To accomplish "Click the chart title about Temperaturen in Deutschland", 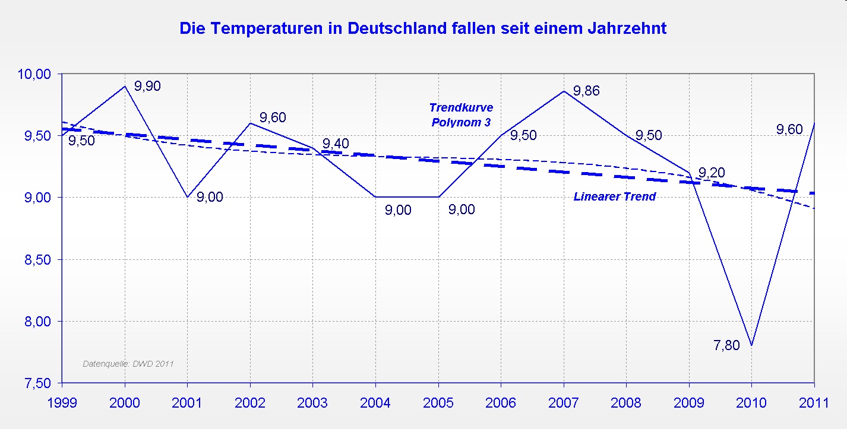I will (423, 28).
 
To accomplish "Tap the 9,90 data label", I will (148, 86).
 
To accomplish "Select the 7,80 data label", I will (726, 345).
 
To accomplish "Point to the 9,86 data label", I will (586, 91).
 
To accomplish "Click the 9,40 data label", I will (336, 144).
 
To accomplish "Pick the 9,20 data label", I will (711, 173).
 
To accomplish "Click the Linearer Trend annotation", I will (614, 196).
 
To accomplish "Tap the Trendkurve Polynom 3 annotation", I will (461, 115).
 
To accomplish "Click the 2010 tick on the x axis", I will (751, 403).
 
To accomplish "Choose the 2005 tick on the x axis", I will (438, 403).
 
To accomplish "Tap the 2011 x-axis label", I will (814, 403).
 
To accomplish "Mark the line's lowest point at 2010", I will (751, 345).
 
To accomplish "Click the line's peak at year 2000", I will (125, 86).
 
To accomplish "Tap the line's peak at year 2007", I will (563, 91).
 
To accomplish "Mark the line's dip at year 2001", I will (188, 197).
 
